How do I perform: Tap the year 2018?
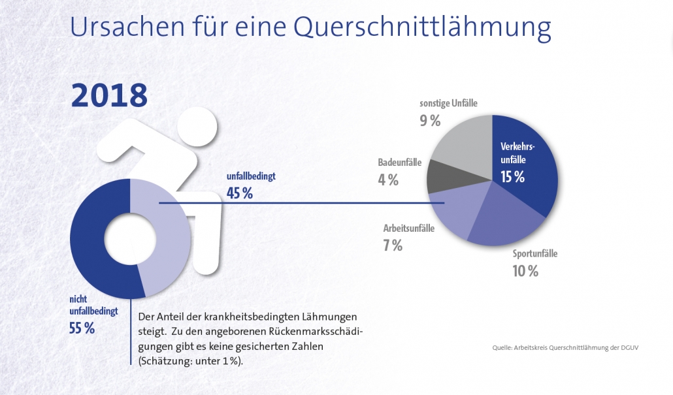click(109, 95)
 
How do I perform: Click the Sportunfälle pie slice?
click(507, 219)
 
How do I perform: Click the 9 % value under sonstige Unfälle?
click(429, 121)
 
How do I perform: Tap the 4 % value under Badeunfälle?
click(387, 180)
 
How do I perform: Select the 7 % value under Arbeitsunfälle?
click(392, 246)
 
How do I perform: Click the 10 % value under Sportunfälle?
click(525, 271)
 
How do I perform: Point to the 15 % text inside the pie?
click(512, 177)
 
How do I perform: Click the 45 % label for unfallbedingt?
click(239, 193)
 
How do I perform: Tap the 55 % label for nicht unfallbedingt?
click(82, 328)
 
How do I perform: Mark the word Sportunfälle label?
click(535, 254)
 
